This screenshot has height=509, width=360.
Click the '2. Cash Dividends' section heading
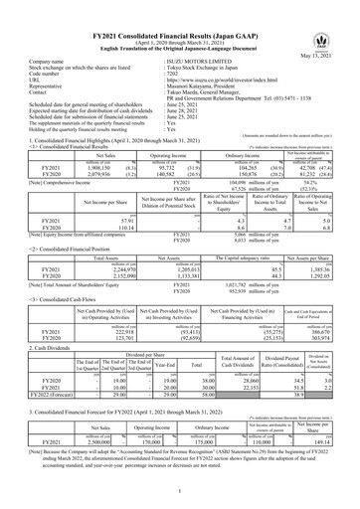(x=32, y=353)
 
